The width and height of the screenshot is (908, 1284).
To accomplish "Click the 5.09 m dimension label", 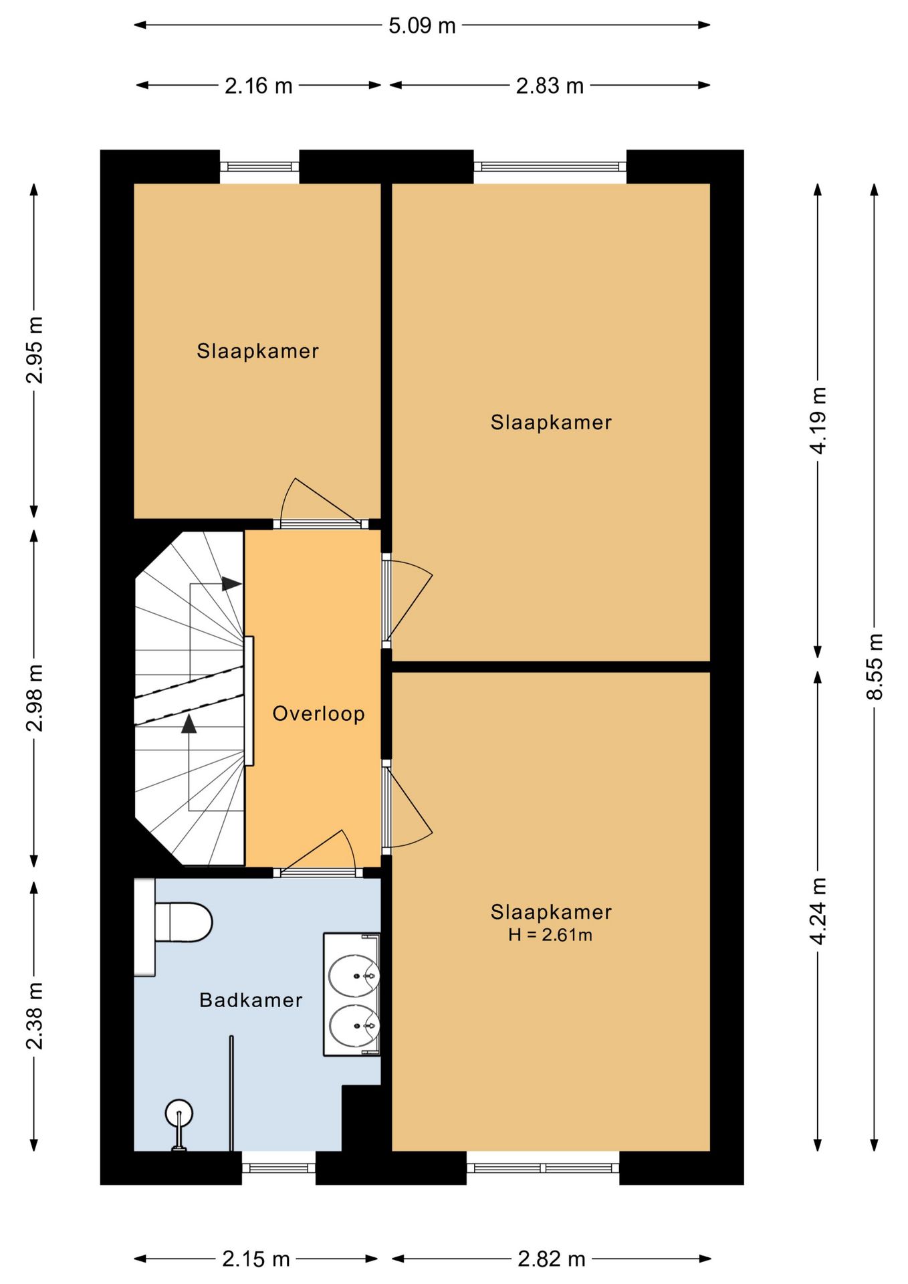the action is tap(422, 25).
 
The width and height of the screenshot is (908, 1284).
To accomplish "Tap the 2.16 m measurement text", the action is tap(258, 86).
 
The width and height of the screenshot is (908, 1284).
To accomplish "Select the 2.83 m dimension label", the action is tap(550, 86).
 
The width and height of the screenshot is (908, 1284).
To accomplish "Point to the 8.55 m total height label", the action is tap(875, 666).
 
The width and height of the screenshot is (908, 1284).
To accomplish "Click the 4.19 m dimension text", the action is tap(818, 420).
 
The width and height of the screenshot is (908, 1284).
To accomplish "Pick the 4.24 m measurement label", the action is tap(818, 911).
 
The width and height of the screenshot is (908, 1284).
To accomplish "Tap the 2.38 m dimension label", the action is tap(34, 1016).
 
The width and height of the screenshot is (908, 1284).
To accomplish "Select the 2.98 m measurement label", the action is tap(34, 698).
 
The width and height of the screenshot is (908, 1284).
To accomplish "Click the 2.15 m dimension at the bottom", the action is tap(256, 1259).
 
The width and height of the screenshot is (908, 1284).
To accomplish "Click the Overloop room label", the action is tap(318, 714).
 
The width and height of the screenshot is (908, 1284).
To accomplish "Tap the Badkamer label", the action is tap(251, 1000).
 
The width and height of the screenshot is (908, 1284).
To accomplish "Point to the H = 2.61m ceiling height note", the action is tap(550, 935).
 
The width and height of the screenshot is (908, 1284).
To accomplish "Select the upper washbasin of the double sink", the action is tap(354, 976).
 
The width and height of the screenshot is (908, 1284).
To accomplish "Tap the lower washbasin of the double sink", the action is tap(354, 1026).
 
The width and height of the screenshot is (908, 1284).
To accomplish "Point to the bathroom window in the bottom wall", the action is tap(278, 1168).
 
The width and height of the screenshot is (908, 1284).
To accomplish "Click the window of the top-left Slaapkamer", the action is tap(259, 167).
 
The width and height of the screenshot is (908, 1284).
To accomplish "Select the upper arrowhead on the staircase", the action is tap(231, 583).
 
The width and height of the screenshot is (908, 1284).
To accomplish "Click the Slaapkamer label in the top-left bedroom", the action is tap(257, 351).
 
